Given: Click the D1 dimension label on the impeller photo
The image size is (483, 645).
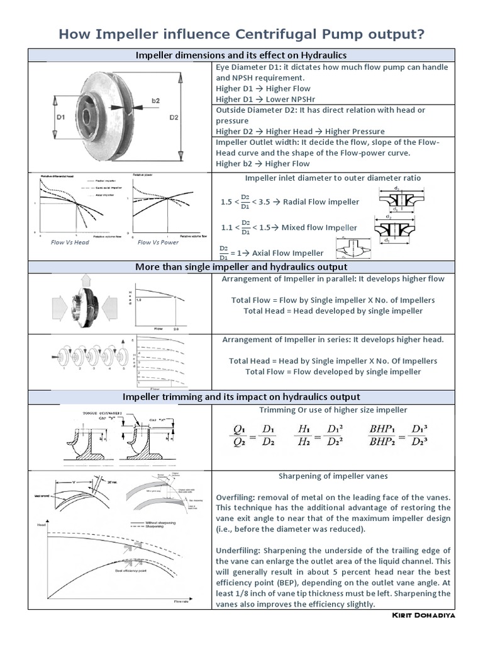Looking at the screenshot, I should (x=61, y=117).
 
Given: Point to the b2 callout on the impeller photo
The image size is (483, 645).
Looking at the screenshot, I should (x=156, y=100).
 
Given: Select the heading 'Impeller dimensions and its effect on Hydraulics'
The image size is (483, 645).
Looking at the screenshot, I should (x=241, y=55).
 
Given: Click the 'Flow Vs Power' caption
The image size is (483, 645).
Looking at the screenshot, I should (x=158, y=242).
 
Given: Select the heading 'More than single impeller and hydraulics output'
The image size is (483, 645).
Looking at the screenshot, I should (x=241, y=267).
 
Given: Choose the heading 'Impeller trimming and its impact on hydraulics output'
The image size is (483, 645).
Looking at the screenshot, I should (x=241, y=397).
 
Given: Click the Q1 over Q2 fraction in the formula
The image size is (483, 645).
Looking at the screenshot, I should (x=240, y=433).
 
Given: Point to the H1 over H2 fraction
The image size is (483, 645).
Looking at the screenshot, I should (x=306, y=433).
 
